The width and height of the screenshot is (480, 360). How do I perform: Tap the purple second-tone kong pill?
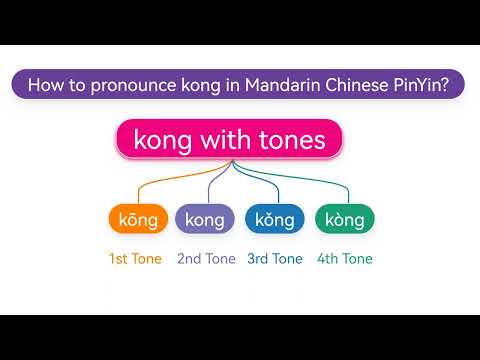pyautogui.click(x=205, y=219)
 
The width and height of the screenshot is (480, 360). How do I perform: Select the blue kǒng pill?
pyautogui.click(x=274, y=219)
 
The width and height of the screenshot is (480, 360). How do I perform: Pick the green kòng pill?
pyautogui.click(x=345, y=219)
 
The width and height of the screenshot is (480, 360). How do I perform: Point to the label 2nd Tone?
pyautogui.click(x=206, y=259)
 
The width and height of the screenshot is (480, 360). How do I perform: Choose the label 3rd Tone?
pyautogui.click(x=274, y=259)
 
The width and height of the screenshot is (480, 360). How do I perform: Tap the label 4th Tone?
pyautogui.click(x=345, y=259)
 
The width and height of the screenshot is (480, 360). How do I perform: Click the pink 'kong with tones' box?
pyautogui.click(x=230, y=140)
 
